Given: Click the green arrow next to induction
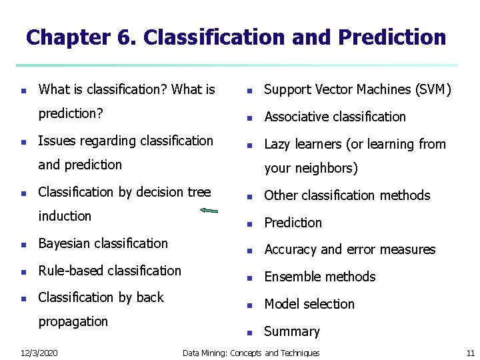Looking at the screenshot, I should pos(209,211).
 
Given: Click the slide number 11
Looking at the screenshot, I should pos(469,353).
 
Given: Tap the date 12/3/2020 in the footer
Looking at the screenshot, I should pos(39,353).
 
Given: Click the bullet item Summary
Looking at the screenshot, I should pos(292,331).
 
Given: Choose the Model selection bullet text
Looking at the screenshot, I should pos(309,304).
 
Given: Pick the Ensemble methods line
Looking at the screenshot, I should pos(320,277).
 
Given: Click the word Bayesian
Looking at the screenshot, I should pos(66,243).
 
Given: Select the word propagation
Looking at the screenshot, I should pos(73,321).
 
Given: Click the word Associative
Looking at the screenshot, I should pos(297,117).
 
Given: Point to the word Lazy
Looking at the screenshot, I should pos(279,144).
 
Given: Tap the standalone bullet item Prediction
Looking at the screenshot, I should pos(293,223).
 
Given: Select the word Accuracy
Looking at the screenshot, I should pos(291,249).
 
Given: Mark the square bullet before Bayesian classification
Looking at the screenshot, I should pos(23,244).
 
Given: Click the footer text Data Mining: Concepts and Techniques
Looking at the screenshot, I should pos(251,353).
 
